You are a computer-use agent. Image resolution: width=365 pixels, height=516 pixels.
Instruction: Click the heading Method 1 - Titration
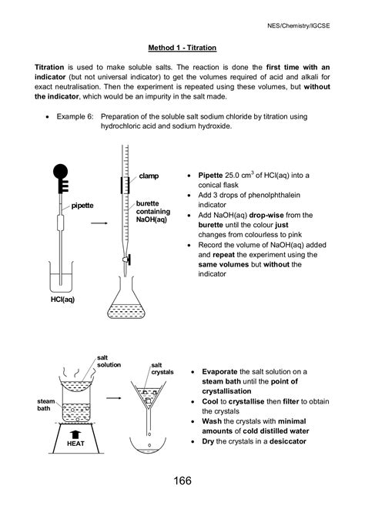(182, 48)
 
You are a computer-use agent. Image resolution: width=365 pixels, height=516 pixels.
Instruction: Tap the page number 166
(182, 481)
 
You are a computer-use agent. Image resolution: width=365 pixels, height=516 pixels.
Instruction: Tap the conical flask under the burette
(126, 304)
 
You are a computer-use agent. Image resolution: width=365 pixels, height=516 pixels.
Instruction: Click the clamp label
(149, 176)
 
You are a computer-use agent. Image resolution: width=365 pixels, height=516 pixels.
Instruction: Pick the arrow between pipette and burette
(99, 224)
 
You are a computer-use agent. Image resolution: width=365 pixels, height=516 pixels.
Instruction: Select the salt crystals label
(162, 368)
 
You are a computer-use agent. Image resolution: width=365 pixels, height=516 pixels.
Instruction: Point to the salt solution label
(109, 360)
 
